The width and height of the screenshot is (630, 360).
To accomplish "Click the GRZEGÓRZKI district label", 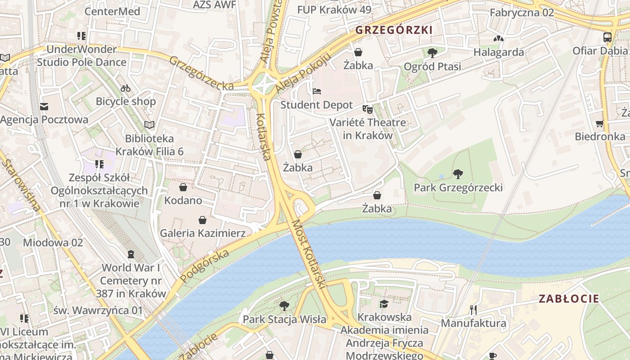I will [394, 30].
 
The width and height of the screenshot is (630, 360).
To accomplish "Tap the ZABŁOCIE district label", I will [569, 298].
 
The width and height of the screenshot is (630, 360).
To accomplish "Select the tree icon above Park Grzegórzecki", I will [458, 174].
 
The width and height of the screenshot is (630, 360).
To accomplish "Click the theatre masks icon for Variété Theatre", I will [368, 109].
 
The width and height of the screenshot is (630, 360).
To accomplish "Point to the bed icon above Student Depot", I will [317, 91].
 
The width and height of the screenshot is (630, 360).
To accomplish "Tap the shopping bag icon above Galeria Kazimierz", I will [202, 220].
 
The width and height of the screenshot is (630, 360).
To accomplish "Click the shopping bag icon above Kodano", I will [183, 187].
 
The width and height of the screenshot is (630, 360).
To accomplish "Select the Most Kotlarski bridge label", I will [309, 254].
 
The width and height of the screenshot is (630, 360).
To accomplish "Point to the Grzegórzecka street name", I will [201, 73].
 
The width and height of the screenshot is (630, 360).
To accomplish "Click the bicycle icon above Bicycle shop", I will [126, 88].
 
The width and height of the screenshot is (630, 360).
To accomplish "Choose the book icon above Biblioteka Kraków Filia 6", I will [149, 125].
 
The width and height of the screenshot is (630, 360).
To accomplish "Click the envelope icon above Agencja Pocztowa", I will [44, 107].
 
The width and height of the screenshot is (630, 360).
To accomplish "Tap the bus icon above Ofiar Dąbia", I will [607, 37].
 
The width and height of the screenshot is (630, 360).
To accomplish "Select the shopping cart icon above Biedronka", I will [599, 123].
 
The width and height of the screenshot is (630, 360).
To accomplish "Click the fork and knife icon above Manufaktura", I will [473, 310].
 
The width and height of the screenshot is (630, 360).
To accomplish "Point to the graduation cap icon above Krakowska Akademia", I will [383, 304].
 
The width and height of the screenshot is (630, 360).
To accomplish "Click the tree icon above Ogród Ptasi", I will [432, 53].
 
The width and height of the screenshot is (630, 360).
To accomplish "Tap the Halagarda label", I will [498, 52].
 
